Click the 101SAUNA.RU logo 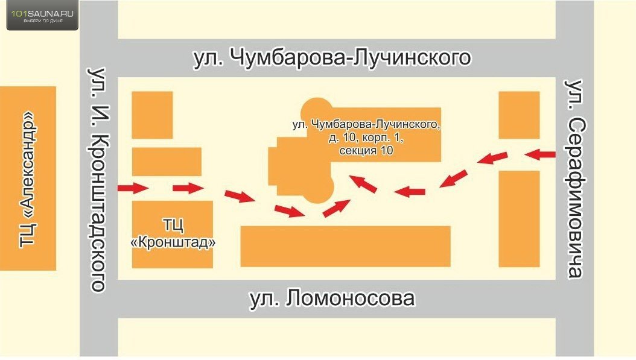(x=42, y=16)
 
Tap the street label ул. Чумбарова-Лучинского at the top (x=332, y=57)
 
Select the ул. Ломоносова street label (x=332, y=298)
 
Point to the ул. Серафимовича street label (x=574, y=178)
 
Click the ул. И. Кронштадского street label (x=98, y=180)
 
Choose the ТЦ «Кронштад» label (x=173, y=233)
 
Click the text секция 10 (x=366, y=150)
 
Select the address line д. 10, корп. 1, (x=366, y=137)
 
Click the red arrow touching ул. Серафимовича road (x=540, y=154)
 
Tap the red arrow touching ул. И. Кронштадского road (x=133, y=188)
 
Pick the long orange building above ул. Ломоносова (x=346, y=247)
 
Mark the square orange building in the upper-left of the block (x=153, y=115)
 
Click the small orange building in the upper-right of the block (x=519, y=115)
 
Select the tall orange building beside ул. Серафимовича (x=519, y=219)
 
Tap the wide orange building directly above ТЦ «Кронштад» (x=167, y=162)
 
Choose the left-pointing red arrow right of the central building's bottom (x=410, y=191)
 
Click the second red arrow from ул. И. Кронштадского (x=188, y=188)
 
